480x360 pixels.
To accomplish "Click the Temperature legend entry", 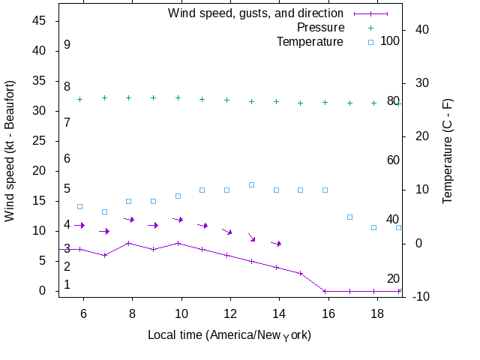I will [x=310, y=42].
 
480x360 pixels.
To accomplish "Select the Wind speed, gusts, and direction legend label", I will [x=256, y=13].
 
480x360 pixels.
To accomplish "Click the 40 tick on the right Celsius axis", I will [x=421, y=30].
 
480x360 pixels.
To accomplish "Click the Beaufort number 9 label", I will [x=67, y=45].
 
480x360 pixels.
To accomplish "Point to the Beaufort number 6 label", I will [x=67, y=159].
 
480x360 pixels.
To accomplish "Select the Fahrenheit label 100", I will [x=390, y=40].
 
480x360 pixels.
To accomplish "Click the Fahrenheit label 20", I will [x=393, y=279].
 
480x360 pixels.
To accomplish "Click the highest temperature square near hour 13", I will [x=251, y=184].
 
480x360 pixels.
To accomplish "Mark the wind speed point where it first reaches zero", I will [x=325, y=291].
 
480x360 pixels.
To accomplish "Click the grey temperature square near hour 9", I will [x=153, y=201].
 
